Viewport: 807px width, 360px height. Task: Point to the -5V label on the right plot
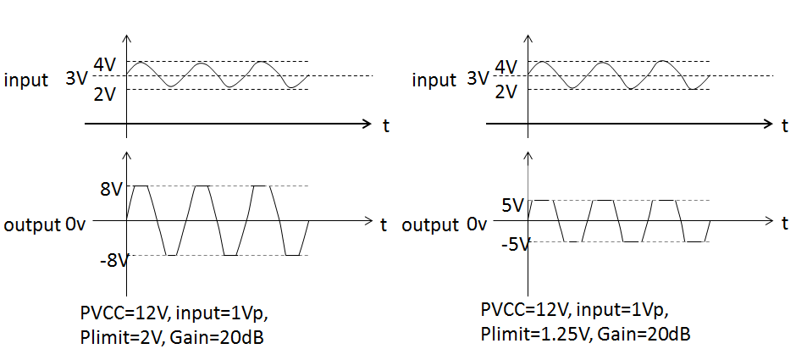(x=513, y=245)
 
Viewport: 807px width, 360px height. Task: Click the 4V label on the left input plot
(x=104, y=64)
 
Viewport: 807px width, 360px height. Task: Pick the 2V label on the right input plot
(x=506, y=92)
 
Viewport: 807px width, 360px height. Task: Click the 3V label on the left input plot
(x=76, y=79)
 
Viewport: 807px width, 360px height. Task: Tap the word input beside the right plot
(x=434, y=80)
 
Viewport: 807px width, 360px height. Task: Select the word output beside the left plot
(x=31, y=226)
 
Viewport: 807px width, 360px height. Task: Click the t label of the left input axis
(x=385, y=126)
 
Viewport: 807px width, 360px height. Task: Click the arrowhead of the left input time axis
(x=366, y=124)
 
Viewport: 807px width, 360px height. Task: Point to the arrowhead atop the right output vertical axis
(x=529, y=158)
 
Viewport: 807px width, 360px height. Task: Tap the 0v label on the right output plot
(x=478, y=225)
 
